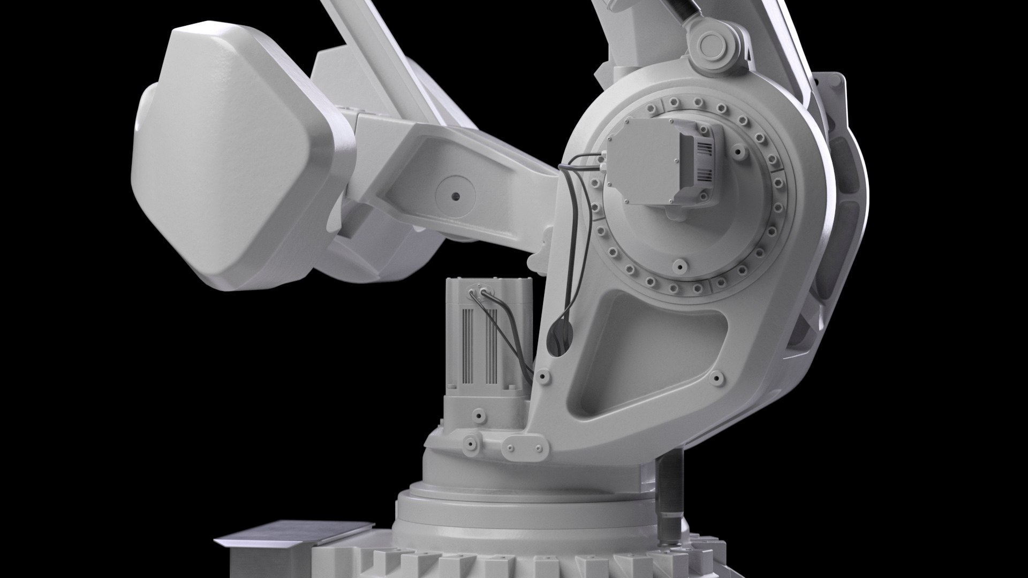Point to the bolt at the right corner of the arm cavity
point(716,379)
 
